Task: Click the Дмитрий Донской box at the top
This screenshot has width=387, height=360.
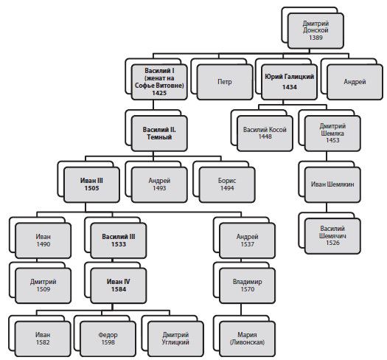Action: pyautogui.click(x=315, y=31)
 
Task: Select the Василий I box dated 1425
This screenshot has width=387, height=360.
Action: pyautogui.click(x=159, y=82)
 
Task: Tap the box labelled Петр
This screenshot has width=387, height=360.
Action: pyautogui.click(x=225, y=82)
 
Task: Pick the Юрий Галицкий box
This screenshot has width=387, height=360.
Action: pyautogui.click(x=290, y=82)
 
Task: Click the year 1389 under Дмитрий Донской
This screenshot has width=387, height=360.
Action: pyautogui.click(x=315, y=38)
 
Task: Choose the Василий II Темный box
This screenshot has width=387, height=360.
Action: pyautogui.click(x=159, y=134)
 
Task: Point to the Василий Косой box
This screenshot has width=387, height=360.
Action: pyautogui.click(x=265, y=134)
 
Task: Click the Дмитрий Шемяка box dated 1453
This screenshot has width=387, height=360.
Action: pyautogui.click(x=332, y=134)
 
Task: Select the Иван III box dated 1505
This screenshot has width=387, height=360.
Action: pyautogui.click(x=91, y=184)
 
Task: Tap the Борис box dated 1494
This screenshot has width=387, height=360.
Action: pyautogui.click(x=227, y=184)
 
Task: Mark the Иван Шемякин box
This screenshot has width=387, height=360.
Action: pyautogui.click(x=332, y=184)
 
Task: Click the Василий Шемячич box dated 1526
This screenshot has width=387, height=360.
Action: pyautogui.click(x=332, y=236)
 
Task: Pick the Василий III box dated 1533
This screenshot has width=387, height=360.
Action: pyautogui.click(x=119, y=240)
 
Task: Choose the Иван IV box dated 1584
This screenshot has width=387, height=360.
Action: pyautogui.click(x=119, y=285)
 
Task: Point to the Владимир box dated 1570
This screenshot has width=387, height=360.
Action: pyautogui.click(x=247, y=285)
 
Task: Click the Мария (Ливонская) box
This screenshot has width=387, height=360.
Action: pyautogui.click(x=247, y=339)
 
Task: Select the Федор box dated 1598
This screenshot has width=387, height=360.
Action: pyautogui.click(x=108, y=339)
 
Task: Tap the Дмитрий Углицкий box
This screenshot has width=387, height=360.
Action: pyautogui.click(x=175, y=339)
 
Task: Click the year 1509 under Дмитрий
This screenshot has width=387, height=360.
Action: pyautogui.click(x=43, y=289)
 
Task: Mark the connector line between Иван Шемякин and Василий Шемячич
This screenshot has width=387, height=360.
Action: pyautogui.click(x=327, y=207)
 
